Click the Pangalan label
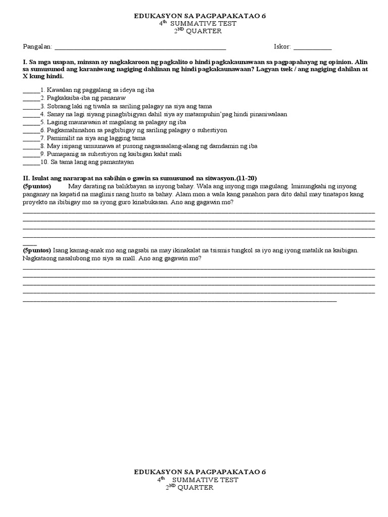click(37, 47)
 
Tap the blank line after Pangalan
click(140, 48)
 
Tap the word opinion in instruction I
click(341, 61)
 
